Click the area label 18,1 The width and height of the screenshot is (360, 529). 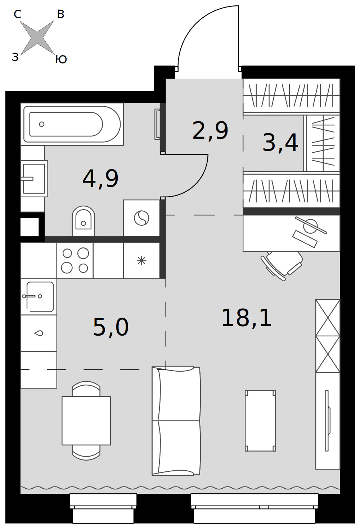click(x=247, y=318)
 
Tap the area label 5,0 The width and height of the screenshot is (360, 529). click(x=111, y=327)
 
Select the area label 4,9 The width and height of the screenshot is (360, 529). click(x=100, y=179)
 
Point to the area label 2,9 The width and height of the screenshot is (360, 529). click(x=210, y=130)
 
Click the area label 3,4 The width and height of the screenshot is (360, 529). click(x=280, y=142)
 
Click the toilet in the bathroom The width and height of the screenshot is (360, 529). click(x=83, y=221)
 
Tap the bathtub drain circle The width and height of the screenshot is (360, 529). click(x=42, y=124)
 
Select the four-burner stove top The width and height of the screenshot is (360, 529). click(x=75, y=260)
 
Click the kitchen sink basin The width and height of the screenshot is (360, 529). click(x=40, y=297)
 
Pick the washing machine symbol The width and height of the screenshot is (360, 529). click(x=141, y=218)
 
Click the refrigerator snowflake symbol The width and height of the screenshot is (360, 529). click(x=141, y=261)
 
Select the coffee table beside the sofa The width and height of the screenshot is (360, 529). click(x=260, y=421)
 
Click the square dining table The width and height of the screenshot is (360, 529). click(x=86, y=421)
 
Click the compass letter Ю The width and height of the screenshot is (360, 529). click(x=61, y=59)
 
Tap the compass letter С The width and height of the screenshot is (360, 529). click(x=18, y=14)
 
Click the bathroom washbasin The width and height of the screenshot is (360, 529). click(x=34, y=179)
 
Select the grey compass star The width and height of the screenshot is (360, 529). click(x=37, y=37)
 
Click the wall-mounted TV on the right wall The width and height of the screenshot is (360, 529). click(x=328, y=421)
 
